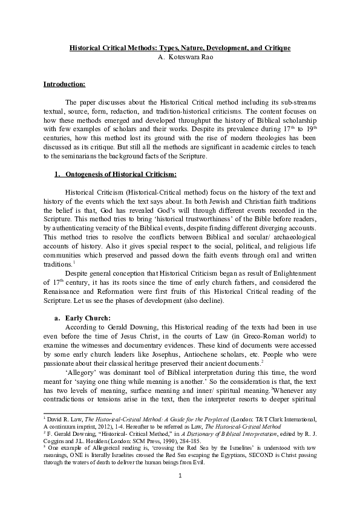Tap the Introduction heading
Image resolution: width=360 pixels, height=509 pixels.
click(64, 84)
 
